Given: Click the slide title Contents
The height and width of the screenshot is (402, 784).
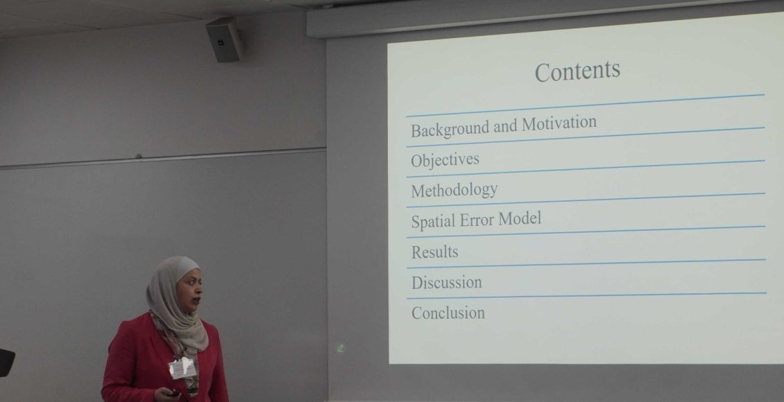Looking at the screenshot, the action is pos(577,71).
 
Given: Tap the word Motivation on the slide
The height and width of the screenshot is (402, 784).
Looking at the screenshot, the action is pos(559,123).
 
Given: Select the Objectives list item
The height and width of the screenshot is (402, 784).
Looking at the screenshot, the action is pos(445,160).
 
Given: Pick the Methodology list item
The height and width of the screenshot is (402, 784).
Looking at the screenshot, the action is pos(454,191).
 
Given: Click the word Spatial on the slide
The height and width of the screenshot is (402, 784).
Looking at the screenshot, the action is pos(433,221).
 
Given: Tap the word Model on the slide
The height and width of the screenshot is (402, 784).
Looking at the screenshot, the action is pos(520,218).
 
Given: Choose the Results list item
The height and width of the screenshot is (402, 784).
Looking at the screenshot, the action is pos(434,252).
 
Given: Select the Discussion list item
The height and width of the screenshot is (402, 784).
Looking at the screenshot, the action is pos(447,283).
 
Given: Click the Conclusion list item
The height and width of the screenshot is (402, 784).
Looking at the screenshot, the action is pos(448,313).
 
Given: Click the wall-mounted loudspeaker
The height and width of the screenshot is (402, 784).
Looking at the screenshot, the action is pos(225,40).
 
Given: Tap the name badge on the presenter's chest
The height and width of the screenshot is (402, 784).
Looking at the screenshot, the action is pos(182,368).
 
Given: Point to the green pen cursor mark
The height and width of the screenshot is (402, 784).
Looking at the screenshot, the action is pos(341,348).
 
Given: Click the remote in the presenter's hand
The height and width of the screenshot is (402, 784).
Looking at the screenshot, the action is pos(173,394).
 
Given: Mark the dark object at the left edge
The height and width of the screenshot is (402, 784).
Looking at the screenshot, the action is pos(6,362).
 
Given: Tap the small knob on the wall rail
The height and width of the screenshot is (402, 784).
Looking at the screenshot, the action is pos(139,157).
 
